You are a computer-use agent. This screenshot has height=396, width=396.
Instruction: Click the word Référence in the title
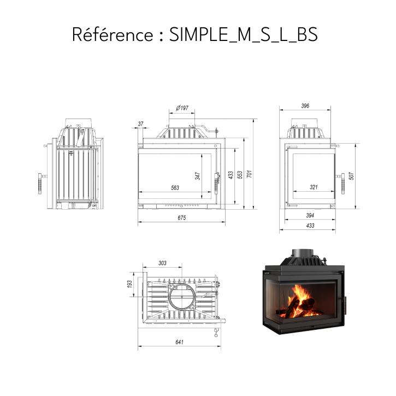[113, 34]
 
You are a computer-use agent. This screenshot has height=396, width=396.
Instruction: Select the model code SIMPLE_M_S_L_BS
[244, 34]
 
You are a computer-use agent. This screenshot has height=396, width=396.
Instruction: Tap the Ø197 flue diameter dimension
[182, 108]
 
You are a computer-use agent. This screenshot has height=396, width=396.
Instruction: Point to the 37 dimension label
[141, 124]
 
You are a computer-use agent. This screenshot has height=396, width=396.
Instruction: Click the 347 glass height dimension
[198, 176]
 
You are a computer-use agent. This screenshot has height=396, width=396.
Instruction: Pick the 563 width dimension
[175, 188]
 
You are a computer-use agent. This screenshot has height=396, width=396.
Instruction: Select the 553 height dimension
[240, 175]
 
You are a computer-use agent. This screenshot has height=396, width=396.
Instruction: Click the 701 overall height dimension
[249, 174]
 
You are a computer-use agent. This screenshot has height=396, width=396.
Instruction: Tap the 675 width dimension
[181, 218]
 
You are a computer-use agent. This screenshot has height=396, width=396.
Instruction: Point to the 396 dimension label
[305, 105]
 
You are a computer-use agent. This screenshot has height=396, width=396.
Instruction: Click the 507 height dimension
[351, 176]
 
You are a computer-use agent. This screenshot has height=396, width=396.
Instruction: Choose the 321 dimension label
[314, 187]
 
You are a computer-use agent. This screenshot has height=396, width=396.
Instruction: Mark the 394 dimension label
[310, 215]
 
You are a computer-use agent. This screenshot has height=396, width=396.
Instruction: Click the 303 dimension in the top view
[162, 263]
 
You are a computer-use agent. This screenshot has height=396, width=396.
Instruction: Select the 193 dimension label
[129, 284]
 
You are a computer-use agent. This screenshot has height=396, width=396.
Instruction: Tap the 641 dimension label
[179, 342]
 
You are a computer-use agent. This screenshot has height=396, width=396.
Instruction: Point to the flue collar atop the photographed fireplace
[303, 253]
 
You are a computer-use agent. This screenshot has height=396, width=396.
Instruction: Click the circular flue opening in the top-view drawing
[181, 297]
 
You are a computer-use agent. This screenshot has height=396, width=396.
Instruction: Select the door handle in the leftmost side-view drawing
[40, 184]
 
